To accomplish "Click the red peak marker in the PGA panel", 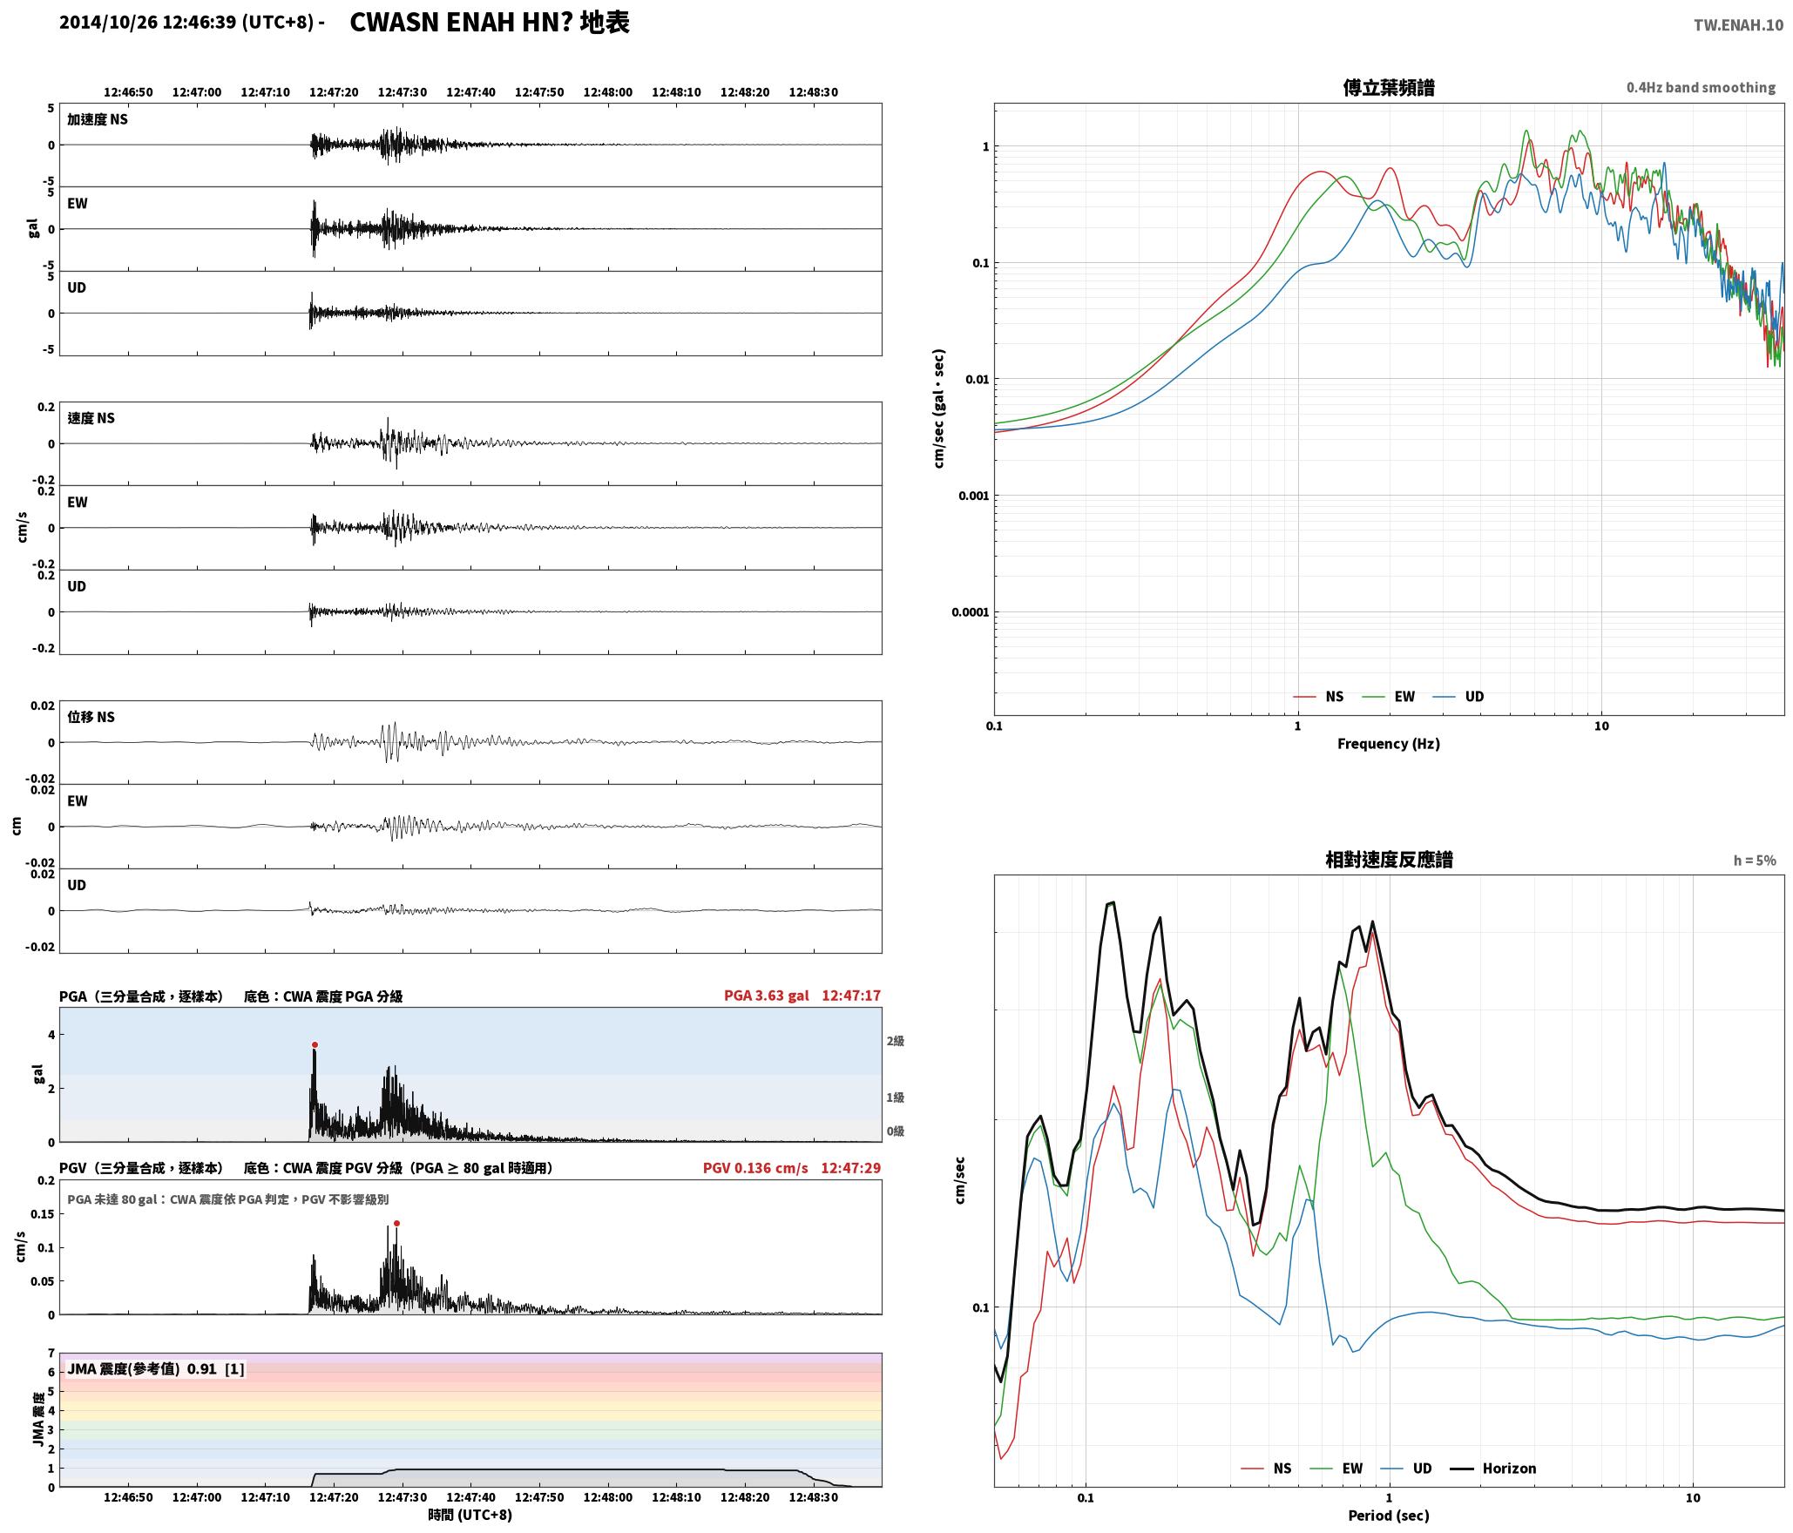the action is tap(315, 1045).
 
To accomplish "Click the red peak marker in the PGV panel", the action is tap(396, 1224).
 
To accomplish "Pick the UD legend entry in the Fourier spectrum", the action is tap(1459, 697).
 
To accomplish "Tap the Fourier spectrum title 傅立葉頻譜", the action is tap(1389, 88).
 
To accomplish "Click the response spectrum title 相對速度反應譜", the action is tap(1389, 860).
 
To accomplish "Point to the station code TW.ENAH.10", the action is tap(1738, 25).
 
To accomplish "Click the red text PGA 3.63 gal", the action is tap(766, 996).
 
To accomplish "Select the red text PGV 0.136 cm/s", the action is tap(755, 1168).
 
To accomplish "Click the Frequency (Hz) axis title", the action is tap(1389, 744).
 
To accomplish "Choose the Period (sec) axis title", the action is tap(1389, 1516).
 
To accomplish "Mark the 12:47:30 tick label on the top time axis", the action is tap(403, 92).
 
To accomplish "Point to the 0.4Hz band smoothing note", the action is tap(1701, 88).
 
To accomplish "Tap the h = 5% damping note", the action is tap(1755, 861).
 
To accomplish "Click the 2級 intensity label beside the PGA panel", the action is tap(896, 1041).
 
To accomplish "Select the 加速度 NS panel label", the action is tap(98, 119).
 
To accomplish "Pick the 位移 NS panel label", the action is tap(91, 717).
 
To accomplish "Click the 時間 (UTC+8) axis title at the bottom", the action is tap(470, 1515).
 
